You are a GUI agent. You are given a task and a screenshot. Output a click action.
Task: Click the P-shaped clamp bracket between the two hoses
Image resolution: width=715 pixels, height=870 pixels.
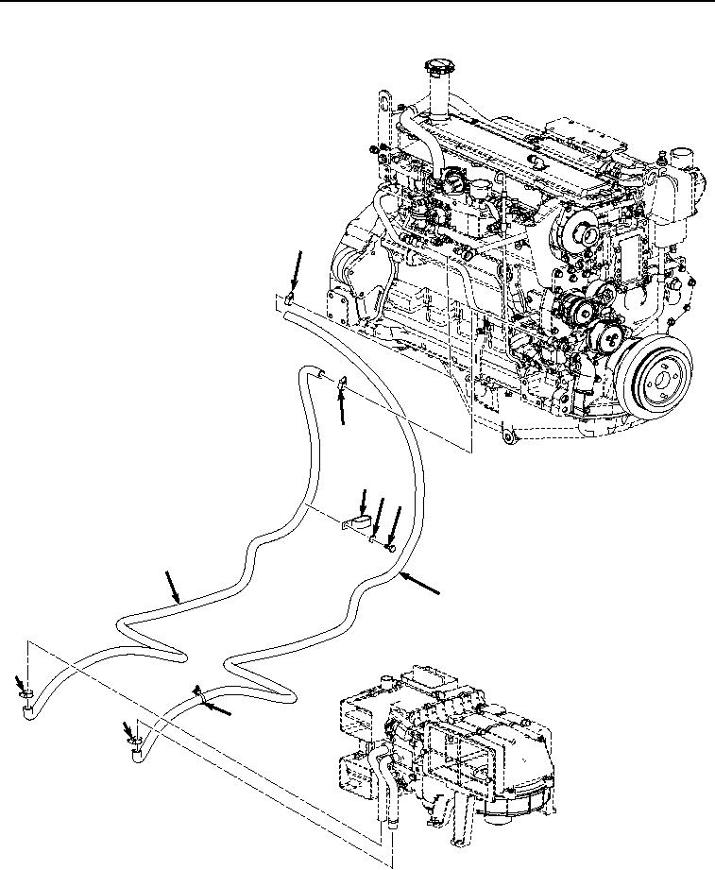click(357, 522)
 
